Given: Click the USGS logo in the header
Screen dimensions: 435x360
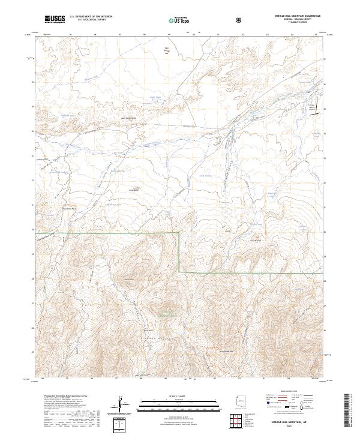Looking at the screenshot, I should click(x=54, y=20).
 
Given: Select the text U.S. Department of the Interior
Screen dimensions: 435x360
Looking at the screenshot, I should click(x=91, y=17).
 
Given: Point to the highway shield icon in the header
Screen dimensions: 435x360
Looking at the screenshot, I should click(x=240, y=20).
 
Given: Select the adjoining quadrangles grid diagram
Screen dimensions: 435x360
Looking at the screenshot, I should click(x=239, y=422).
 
